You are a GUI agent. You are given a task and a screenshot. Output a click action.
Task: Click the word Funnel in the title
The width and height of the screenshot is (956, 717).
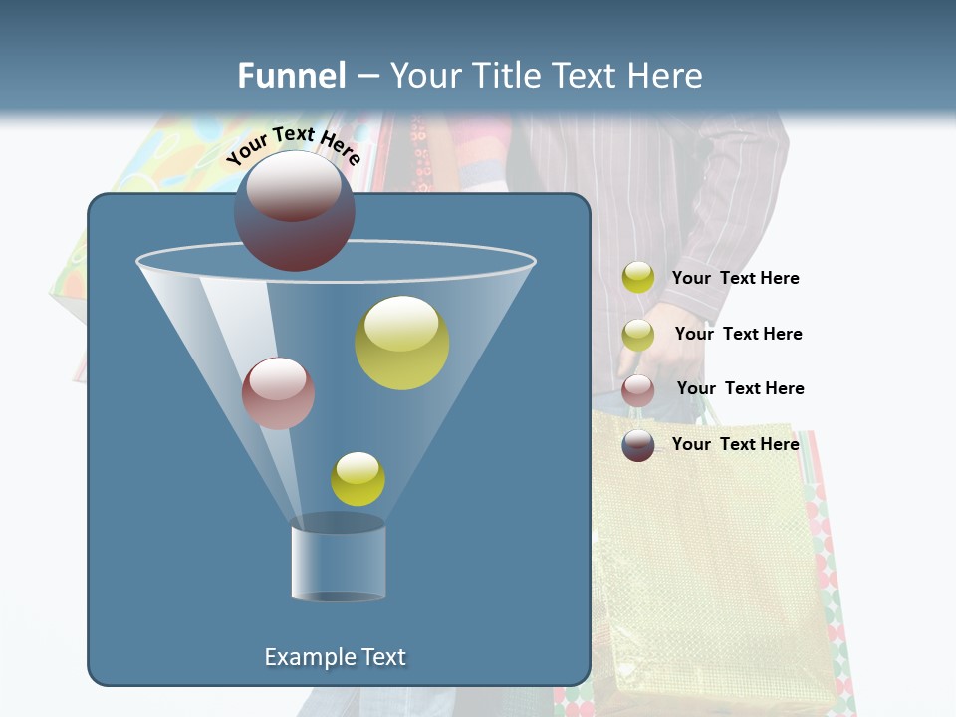pyautogui.click(x=292, y=76)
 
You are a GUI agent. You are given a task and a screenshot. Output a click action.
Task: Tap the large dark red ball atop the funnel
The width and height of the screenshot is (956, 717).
pyautogui.click(x=294, y=210)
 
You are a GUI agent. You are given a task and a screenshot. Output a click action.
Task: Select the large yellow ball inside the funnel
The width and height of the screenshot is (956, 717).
pyautogui.click(x=402, y=343)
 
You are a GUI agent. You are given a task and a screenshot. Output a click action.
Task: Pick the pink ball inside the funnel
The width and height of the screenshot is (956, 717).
pyautogui.click(x=278, y=393)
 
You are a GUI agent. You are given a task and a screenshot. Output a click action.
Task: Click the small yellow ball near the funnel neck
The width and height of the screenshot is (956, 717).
pyautogui.click(x=358, y=479)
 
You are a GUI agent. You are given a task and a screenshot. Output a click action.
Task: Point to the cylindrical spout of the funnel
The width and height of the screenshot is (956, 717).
pyautogui.click(x=339, y=563)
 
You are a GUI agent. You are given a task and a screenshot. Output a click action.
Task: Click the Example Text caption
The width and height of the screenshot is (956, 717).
pyautogui.click(x=336, y=657)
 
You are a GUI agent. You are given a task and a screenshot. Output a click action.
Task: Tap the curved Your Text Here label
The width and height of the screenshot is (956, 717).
pyautogui.click(x=293, y=145)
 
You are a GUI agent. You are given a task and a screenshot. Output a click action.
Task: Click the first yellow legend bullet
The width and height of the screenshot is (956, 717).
pyautogui.click(x=638, y=278)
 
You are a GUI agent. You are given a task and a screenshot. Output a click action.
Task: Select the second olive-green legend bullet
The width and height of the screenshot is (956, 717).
pyautogui.click(x=638, y=335)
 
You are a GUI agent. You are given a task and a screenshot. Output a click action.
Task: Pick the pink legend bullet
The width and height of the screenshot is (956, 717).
pyautogui.click(x=638, y=390)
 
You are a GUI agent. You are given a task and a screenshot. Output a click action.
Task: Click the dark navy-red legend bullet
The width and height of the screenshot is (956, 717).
pyautogui.click(x=638, y=445)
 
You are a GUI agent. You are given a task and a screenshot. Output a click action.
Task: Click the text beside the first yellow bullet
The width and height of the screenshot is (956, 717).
pyautogui.click(x=735, y=279)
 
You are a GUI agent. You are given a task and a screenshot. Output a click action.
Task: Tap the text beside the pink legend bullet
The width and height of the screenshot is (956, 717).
pyautogui.click(x=740, y=388)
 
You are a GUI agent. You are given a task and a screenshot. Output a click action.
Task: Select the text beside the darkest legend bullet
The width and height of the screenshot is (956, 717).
pyautogui.click(x=735, y=444)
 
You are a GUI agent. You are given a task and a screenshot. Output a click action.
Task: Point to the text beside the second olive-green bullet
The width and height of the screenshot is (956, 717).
pyautogui.click(x=738, y=334)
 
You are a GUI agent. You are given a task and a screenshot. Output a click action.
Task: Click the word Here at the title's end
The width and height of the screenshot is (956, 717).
pyautogui.click(x=669, y=76)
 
